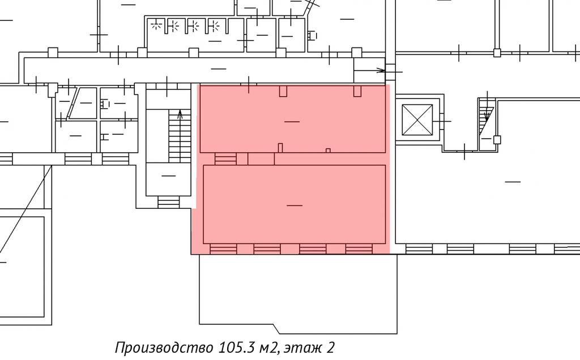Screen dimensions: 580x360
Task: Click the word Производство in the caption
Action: point(164,348)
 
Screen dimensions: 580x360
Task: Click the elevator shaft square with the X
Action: point(417,120)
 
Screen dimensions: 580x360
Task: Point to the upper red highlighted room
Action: point(293,118)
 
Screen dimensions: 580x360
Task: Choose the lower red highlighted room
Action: point(295,204)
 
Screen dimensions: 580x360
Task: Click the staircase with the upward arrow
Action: point(180,136)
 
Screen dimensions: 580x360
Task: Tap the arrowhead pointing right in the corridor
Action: point(381,70)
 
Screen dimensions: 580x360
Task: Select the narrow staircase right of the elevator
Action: point(486,122)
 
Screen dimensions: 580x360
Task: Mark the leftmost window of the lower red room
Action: point(223,248)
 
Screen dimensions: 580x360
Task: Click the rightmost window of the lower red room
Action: point(359,248)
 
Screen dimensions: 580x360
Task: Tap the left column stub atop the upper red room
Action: point(283,91)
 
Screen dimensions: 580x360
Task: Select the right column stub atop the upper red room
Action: point(357,91)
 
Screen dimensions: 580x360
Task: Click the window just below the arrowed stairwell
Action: point(168,202)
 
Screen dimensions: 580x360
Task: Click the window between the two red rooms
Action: point(225,159)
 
